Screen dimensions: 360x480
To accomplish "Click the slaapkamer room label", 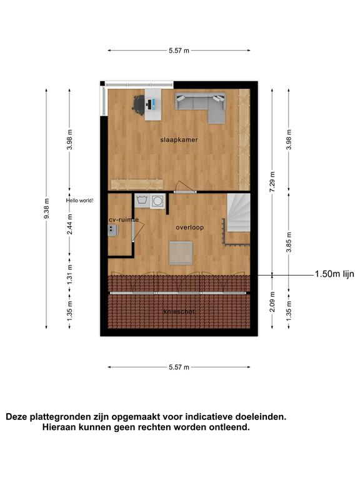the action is pyautogui.click(x=179, y=140).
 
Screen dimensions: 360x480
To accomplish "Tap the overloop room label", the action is pyautogui.click(x=190, y=227).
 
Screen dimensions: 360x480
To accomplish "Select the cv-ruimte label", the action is pyautogui.click(x=124, y=220).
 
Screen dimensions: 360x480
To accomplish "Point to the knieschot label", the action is pyautogui.click(x=179, y=312).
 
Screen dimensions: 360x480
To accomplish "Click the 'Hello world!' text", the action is pyautogui.click(x=80, y=201).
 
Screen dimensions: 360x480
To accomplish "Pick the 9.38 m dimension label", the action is pyautogui.click(x=46, y=209).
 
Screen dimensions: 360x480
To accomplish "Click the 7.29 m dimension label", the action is pyautogui.click(x=272, y=181).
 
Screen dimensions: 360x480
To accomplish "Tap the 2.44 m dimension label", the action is pyautogui.click(x=70, y=224).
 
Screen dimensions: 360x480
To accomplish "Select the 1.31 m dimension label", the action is pyautogui.click(x=70, y=274).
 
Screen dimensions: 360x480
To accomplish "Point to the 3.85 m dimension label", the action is pyautogui.click(x=289, y=242).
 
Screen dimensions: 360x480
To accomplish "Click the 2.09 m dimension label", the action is pyautogui.click(x=272, y=301).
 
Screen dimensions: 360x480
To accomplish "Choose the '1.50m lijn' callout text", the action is pyautogui.click(x=334, y=274).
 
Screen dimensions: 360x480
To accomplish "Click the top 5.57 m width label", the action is pyautogui.click(x=179, y=51).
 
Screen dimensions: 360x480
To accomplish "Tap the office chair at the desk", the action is pyautogui.click(x=139, y=104).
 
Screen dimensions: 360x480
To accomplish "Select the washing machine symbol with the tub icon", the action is pyautogui.click(x=142, y=201).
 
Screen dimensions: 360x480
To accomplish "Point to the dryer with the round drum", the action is pyautogui.click(x=157, y=201).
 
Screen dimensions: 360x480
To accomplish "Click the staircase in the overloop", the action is pyautogui.click(x=239, y=212).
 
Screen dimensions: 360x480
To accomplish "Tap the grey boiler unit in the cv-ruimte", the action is pyautogui.click(x=112, y=230).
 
